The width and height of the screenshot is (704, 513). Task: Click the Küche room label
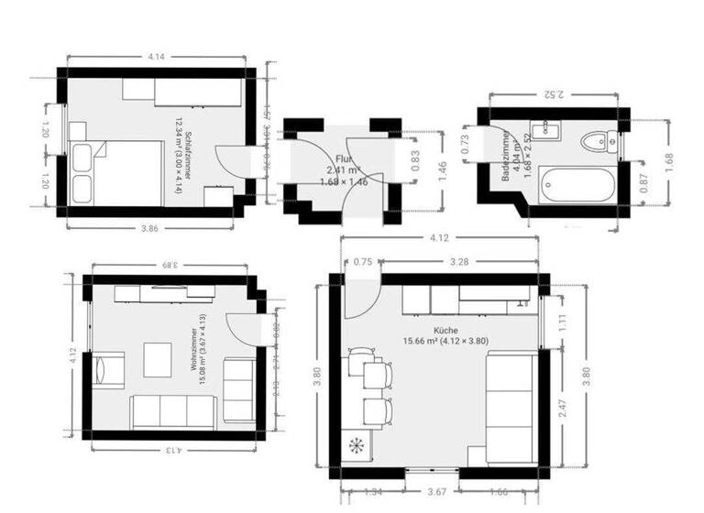(445, 330)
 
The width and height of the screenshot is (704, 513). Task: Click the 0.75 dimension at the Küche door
(363, 261)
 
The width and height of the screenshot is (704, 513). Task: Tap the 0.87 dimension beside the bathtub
(645, 183)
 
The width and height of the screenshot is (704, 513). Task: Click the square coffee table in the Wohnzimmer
(157, 359)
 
